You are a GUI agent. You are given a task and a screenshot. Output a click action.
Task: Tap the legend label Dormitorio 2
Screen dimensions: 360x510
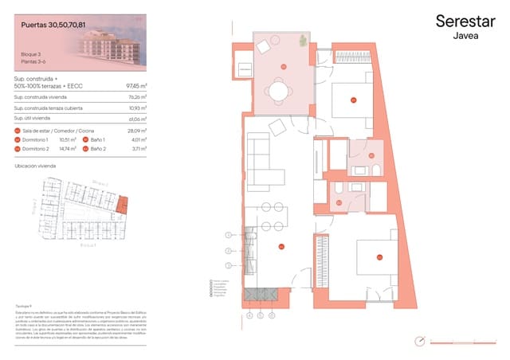point(37,148)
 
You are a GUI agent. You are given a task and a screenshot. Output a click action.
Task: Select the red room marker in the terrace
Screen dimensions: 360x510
point(283,65)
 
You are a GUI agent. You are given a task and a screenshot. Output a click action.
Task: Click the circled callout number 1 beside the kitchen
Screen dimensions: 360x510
point(228,235)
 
